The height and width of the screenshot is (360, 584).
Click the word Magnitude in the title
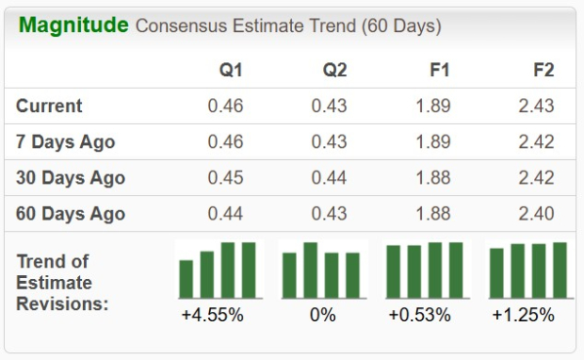click(73, 25)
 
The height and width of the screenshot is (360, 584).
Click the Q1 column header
click(231, 71)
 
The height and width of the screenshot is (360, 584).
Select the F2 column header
click(543, 71)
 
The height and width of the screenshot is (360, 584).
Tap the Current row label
click(49, 106)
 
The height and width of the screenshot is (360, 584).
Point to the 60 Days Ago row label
click(71, 214)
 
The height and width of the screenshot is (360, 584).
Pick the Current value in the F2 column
click(536, 106)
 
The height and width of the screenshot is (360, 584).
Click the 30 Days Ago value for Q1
click(225, 178)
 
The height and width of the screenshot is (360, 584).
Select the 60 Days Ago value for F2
click(536, 214)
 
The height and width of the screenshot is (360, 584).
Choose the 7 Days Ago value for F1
click(432, 142)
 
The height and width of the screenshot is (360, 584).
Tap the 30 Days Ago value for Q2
click(329, 178)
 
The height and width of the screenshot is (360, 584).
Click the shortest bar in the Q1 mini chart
click(187, 279)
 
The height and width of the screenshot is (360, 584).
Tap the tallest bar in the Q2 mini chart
click(311, 270)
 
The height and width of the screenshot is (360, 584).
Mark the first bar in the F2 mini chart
click(496, 273)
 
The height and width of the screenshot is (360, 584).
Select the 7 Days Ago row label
click(65, 142)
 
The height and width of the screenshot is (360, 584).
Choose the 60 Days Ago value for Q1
click(225, 214)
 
